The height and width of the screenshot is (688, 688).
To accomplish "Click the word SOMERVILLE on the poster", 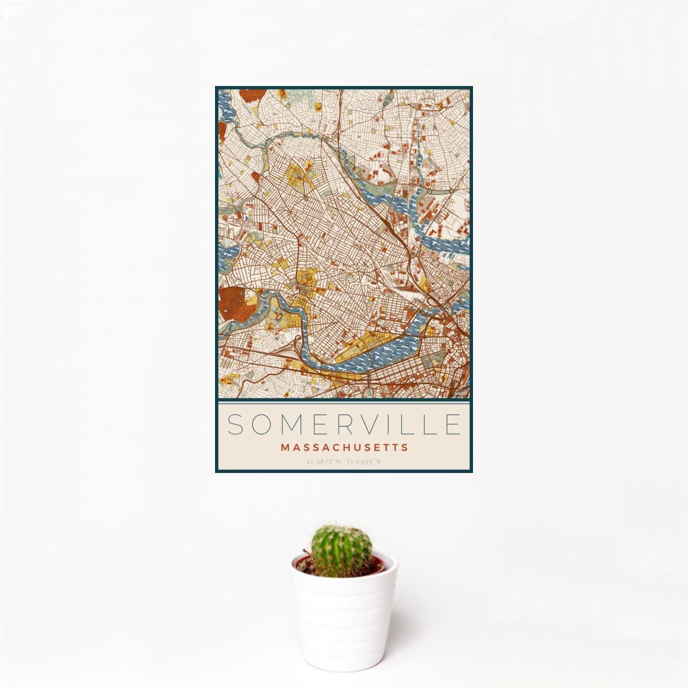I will (x=344, y=425).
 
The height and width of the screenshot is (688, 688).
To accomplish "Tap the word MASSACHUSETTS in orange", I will (x=344, y=447).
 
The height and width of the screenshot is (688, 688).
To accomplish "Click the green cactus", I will (x=341, y=550).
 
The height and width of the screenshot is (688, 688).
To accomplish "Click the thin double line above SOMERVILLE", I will (x=344, y=402).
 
